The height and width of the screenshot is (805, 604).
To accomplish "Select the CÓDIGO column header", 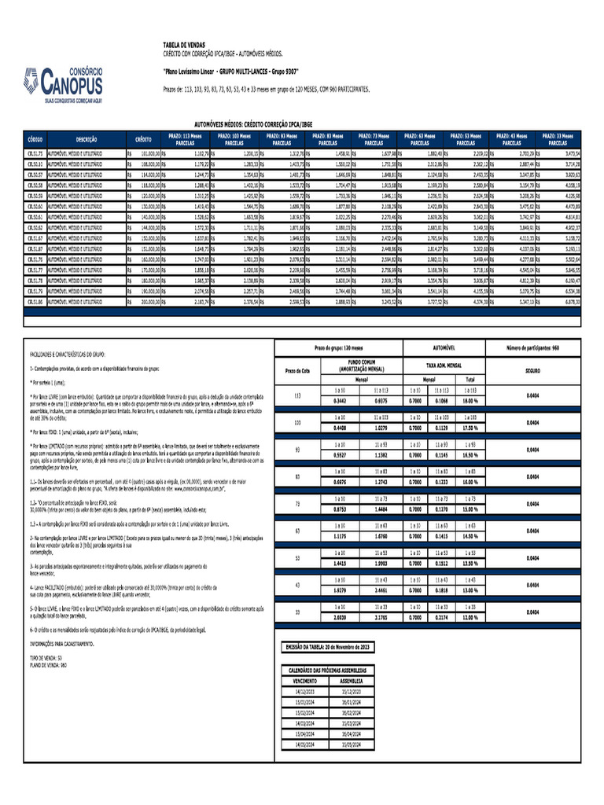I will tap(35, 137).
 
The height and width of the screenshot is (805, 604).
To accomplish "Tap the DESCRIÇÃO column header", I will tap(87, 137).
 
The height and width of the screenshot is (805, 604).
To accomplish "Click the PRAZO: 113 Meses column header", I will tap(186, 137).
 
